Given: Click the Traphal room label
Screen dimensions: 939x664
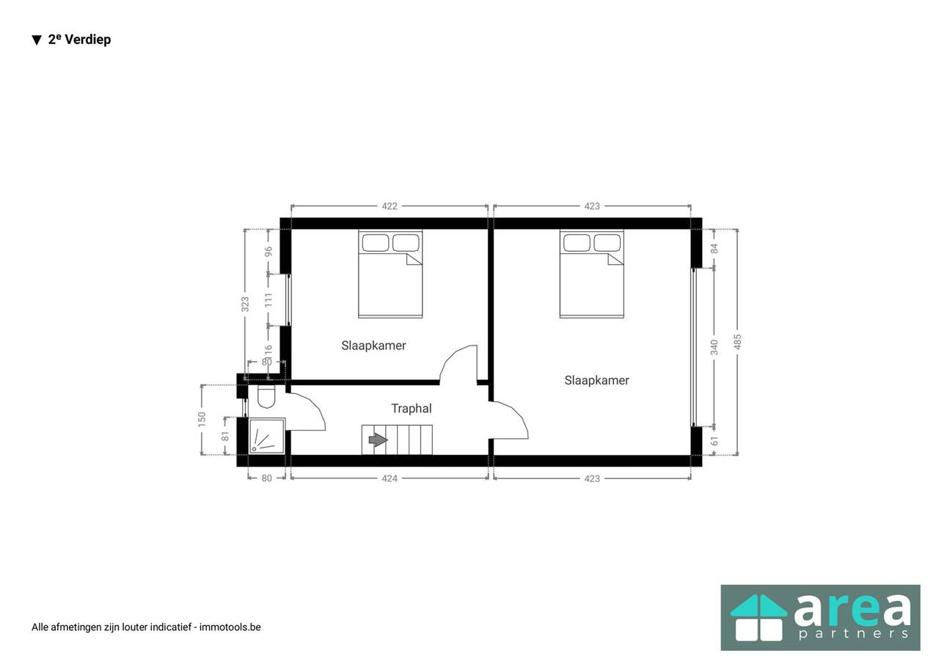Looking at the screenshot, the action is (412, 408).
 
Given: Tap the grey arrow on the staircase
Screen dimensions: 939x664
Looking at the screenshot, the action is (378, 439).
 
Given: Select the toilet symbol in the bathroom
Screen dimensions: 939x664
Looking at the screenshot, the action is (266, 396).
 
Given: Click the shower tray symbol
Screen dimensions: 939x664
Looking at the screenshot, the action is (267, 436).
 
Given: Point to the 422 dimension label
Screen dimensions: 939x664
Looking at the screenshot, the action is (389, 206).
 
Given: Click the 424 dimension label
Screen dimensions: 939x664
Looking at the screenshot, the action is (389, 478).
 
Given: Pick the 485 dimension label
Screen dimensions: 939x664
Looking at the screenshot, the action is (738, 342).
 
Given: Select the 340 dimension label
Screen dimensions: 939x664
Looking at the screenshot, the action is (715, 347).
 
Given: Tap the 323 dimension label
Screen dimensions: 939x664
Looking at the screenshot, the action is (245, 304).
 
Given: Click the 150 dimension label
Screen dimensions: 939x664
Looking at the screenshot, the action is (202, 420).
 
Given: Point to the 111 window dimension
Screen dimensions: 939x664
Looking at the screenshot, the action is (268, 300).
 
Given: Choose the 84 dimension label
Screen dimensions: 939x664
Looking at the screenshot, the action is (715, 248).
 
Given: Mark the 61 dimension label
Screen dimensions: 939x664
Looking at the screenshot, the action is (715, 440).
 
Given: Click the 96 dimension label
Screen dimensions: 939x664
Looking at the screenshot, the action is (268, 252).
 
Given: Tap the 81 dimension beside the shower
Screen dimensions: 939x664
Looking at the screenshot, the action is (225, 436).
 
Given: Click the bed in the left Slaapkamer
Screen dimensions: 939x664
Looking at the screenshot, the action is (390, 274).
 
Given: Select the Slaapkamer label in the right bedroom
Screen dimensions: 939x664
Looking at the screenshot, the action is (596, 380).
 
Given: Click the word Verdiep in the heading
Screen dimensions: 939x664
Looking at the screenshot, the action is (88, 40).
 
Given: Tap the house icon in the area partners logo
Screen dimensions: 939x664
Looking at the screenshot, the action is (759, 617).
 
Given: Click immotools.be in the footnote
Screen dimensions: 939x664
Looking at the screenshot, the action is (230, 627).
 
